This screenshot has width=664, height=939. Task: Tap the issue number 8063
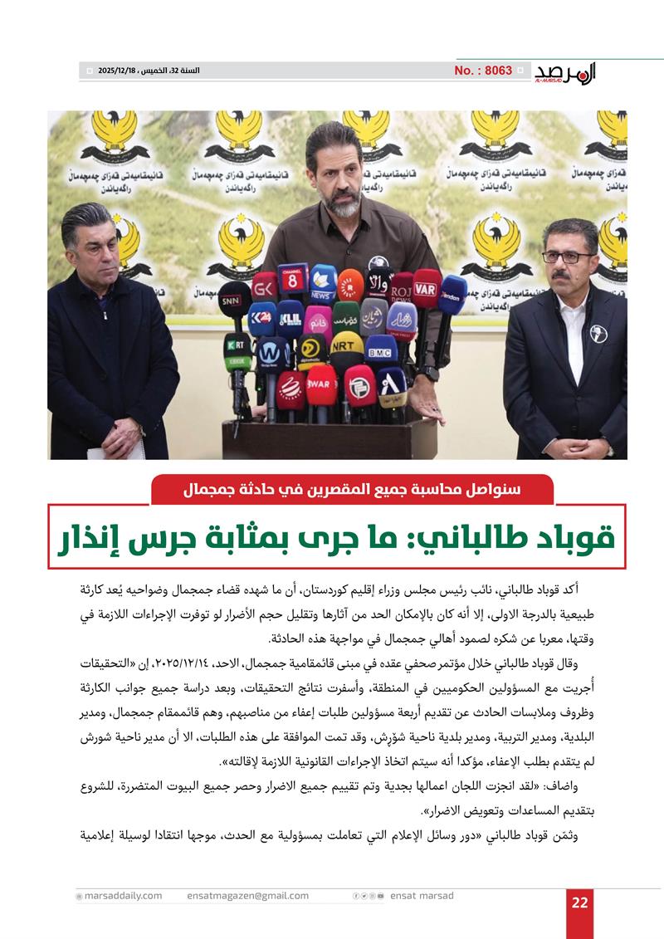[483, 71]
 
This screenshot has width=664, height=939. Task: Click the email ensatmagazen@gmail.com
[248, 896]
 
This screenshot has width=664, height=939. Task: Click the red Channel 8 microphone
[293, 281]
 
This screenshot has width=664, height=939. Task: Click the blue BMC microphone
[381, 351]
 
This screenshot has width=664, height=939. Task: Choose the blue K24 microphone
[261, 319]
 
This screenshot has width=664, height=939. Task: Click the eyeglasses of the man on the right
[569, 257]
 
